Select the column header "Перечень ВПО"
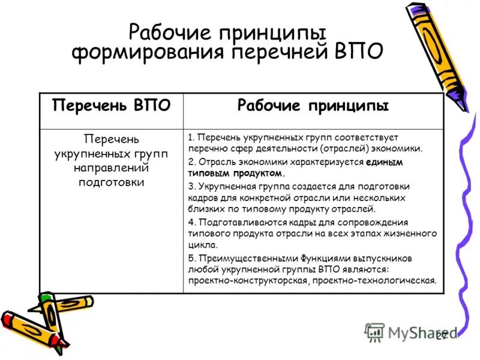point(111,107)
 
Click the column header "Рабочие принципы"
point(313,107)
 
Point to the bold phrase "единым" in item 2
point(385,162)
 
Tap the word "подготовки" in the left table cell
point(111,183)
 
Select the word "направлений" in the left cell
point(111,169)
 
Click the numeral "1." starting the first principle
point(192,137)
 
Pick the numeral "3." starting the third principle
point(192,186)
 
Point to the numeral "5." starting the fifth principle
point(192,258)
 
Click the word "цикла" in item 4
point(200,245)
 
